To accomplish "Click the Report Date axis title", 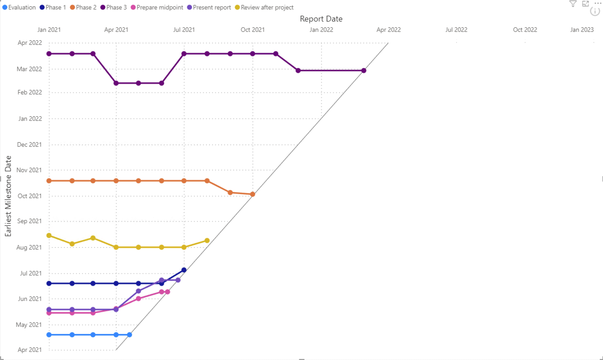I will tap(321, 19).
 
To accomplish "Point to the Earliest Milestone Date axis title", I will tap(8, 196).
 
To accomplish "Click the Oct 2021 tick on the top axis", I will tap(253, 30).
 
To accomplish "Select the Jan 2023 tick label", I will tap(582, 30).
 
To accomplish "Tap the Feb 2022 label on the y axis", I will tap(30, 93).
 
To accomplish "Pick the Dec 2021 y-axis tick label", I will tap(30, 144).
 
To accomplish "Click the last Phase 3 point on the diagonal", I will tap(364, 71).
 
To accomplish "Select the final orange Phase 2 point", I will tap(253, 194).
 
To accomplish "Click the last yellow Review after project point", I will tap(207, 241).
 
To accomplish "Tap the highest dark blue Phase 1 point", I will tap(184, 270).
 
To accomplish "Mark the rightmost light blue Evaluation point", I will tap(130, 335).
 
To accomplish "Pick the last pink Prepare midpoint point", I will tap(168, 292).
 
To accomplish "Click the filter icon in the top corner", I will tap(573, 4).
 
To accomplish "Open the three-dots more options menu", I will tap(598, 3).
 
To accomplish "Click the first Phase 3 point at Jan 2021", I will tap(49, 54).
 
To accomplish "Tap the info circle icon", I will tap(595, 12).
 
